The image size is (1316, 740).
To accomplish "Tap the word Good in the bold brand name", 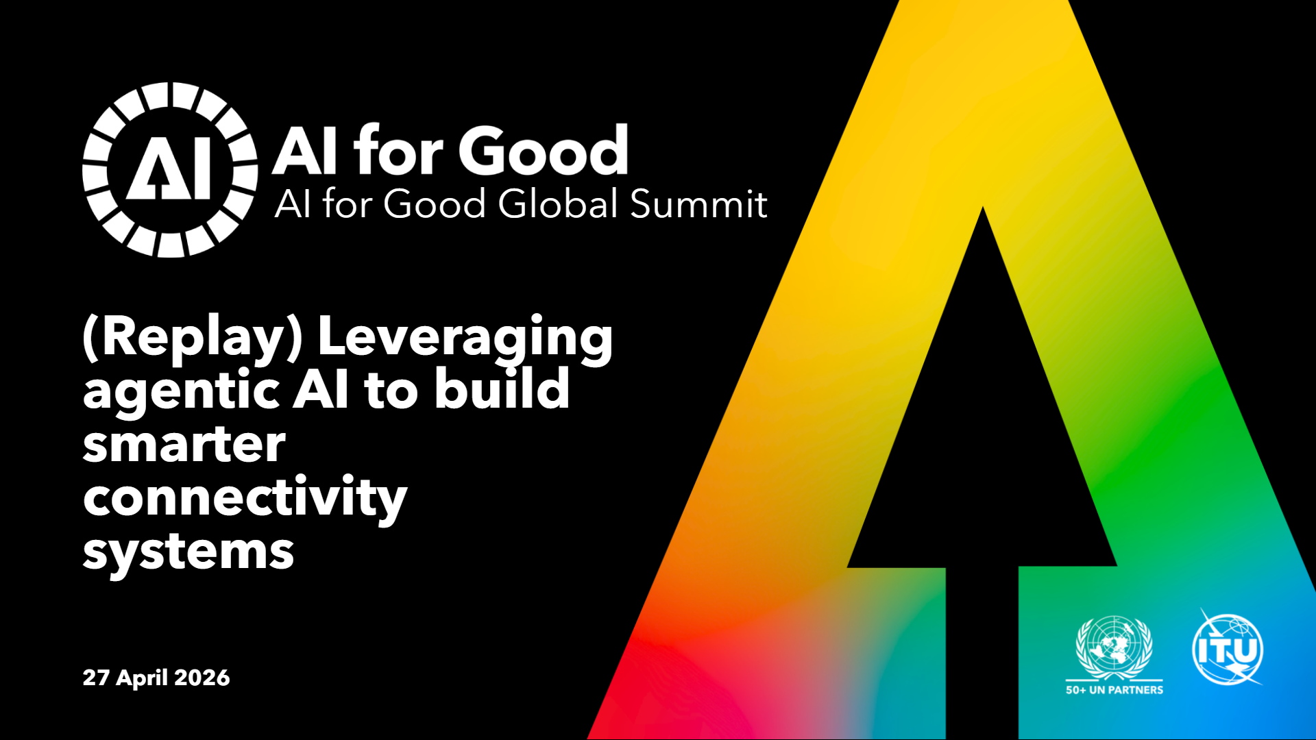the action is point(544,151).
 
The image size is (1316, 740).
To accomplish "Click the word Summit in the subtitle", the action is point(698,203).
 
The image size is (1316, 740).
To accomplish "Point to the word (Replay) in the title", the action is point(193,337).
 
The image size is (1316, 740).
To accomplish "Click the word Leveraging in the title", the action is point(465,337).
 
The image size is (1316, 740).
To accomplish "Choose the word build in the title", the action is point(502,387).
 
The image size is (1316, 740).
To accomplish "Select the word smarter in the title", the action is point(184,445).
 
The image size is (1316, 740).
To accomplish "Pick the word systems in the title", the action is point(188,552).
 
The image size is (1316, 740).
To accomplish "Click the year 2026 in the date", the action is point(202,678).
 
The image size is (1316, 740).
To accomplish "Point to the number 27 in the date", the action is point(96,678).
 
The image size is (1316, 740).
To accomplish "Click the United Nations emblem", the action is point(1114,647).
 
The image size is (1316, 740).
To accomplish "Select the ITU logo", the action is point(1228,648).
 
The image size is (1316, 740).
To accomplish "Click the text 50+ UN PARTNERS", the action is point(1114,690).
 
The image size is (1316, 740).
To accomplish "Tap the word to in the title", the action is point(391,391).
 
